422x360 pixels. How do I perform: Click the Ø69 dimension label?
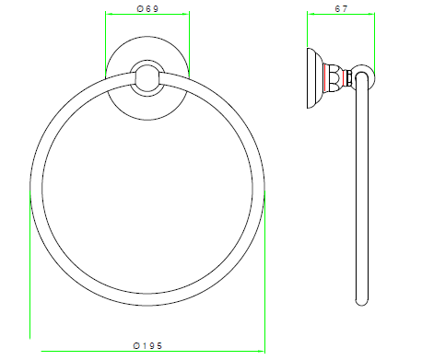147,9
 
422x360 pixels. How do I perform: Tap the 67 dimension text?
341,9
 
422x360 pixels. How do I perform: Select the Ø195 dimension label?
147,346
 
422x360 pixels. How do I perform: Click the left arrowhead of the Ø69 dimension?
108,14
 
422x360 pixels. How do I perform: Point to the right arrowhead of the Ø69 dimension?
186,14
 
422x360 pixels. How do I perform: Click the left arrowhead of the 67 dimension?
311,14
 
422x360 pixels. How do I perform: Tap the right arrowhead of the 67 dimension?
371,14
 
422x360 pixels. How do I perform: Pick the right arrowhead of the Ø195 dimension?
262,351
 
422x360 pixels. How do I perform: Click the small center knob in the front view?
147,78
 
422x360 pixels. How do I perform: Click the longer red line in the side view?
324,77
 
